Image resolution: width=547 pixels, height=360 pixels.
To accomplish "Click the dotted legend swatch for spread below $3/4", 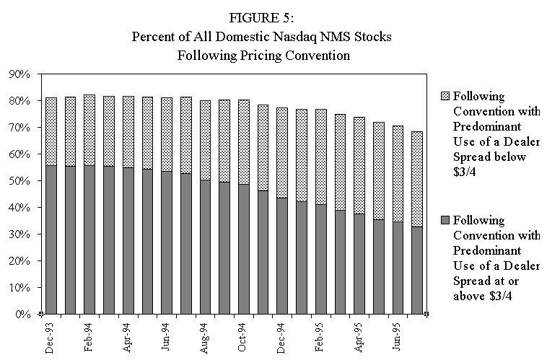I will [x=443, y=96].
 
